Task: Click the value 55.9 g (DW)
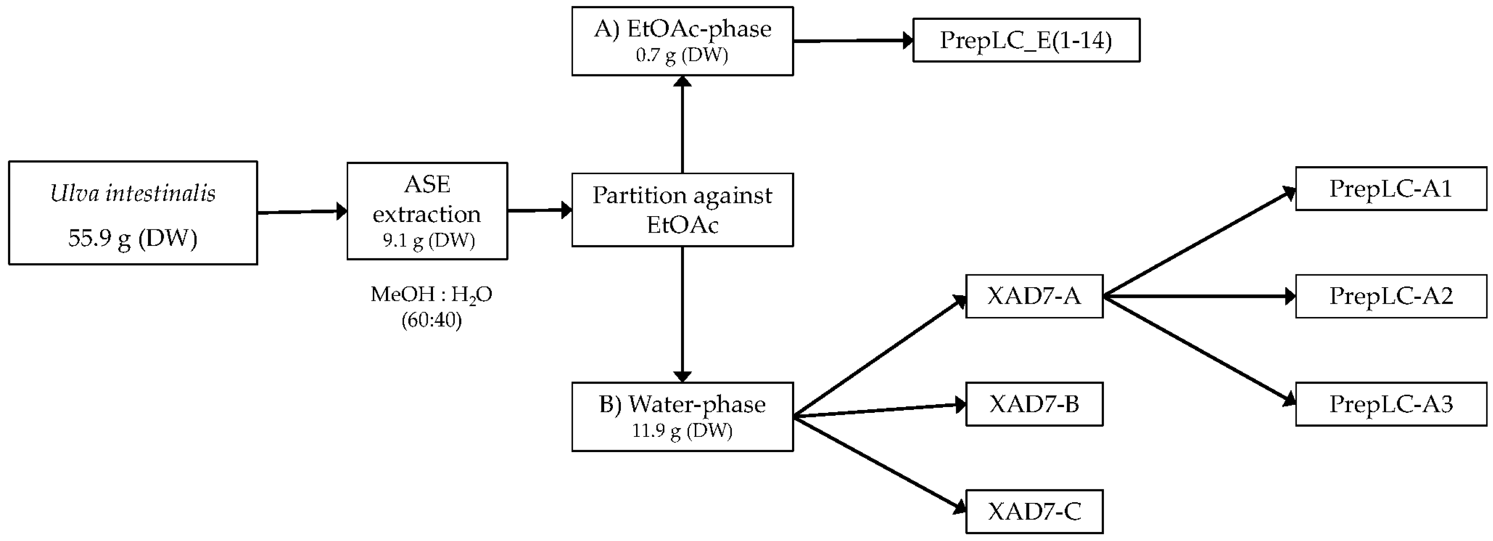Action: [x=133, y=238]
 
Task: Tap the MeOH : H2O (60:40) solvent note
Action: [x=431, y=306]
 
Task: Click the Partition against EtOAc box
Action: [x=682, y=210]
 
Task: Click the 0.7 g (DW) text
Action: [x=682, y=55]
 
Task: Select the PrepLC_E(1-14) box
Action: [x=1026, y=40]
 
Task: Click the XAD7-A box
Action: [x=1034, y=296]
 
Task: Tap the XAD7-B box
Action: [x=1034, y=404]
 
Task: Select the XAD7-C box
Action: [x=1034, y=512]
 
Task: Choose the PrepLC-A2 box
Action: [x=1390, y=296]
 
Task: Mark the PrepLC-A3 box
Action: [x=1390, y=404]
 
